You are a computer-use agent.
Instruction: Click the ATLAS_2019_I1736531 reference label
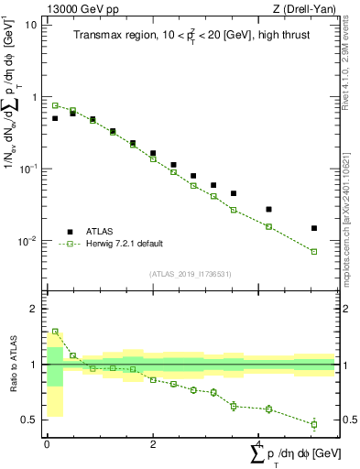tap(190, 273)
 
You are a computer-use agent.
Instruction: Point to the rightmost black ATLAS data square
tap(314, 228)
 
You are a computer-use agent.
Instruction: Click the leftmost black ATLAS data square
tap(55, 118)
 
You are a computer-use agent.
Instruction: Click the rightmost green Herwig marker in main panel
tap(314, 251)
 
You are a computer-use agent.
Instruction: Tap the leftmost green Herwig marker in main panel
tap(55, 105)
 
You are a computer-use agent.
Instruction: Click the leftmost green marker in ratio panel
tap(55, 332)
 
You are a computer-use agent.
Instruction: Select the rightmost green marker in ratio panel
tap(314, 424)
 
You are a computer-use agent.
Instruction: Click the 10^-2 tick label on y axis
tap(27, 242)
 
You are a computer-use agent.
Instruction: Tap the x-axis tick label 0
tap(47, 444)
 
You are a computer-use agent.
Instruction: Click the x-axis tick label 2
tap(152, 444)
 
